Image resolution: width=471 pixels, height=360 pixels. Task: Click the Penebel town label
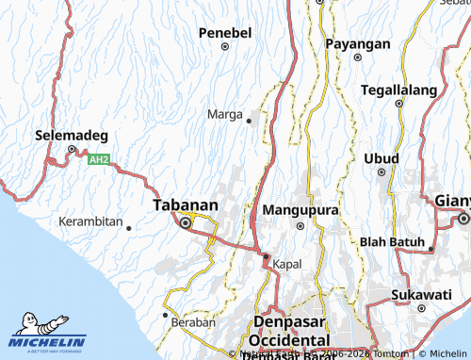(x=225, y=33)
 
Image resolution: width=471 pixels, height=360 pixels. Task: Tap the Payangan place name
(x=357, y=44)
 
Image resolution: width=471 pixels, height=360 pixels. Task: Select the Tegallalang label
(x=398, y=90)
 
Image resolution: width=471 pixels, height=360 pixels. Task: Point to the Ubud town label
(x=382, y=157)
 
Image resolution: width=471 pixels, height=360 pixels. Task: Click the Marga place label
(x=224, y=115)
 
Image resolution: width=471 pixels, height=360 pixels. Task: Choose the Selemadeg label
(x=72, y=135)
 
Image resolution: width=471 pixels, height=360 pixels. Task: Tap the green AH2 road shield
(x=99, y=160)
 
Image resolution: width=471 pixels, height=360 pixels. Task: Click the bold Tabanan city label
(x=186, y=205)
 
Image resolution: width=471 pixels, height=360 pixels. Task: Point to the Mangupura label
(x=300, y=209)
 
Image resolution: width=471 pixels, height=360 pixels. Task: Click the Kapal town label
(x=287, y=265)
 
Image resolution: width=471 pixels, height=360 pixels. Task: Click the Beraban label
(x=194, y=322)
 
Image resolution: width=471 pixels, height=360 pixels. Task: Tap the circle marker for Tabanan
(x=186, y=223)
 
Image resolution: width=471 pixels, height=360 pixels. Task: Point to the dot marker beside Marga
(x=249, y=121)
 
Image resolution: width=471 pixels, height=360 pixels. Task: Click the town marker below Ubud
(x=382, y=172)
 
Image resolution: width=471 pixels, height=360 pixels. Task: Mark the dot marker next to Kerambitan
(x=128, y=227)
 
